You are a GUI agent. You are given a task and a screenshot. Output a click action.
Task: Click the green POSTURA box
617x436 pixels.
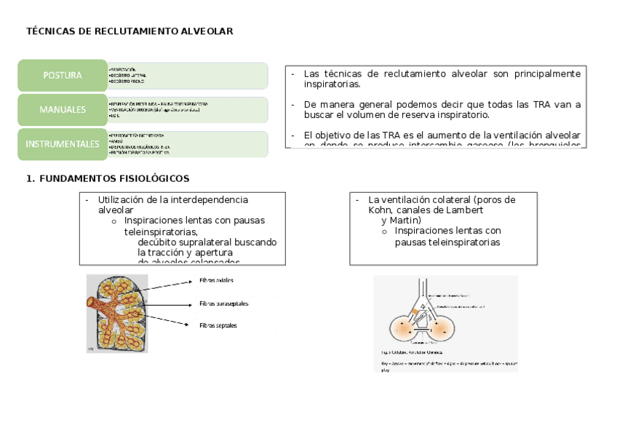[62, 75]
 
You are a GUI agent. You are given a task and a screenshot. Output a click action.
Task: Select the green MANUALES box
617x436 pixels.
[62, 109]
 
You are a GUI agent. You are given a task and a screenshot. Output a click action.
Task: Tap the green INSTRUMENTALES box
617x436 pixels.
[62, 143]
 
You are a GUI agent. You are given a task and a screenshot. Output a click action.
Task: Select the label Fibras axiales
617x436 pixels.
[216, 280]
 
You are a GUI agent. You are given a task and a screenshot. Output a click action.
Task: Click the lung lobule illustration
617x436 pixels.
[117, 314]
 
